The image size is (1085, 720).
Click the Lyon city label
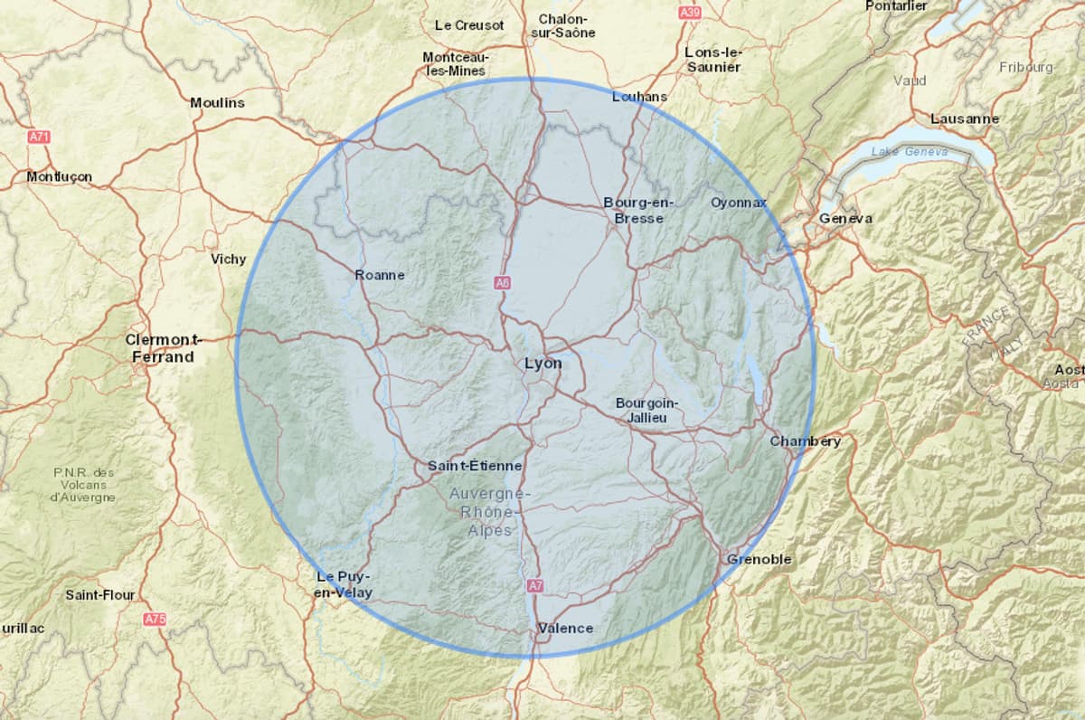pos(542,363)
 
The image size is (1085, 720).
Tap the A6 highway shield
pos(503,283)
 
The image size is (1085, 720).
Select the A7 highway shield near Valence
pos(535,586)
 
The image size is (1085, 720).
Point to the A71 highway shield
pos(39,137)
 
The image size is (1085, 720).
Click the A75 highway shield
pos(155,620)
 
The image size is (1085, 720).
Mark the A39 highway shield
pos(690,13)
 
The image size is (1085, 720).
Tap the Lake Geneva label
pos(910,152)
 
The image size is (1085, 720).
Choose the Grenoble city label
pos(759,559)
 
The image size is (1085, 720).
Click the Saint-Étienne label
pos(475,466)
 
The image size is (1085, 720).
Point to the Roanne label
pos(380,275)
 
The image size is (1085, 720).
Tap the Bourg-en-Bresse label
pos(638,210)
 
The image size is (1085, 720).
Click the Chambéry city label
pos(805,441)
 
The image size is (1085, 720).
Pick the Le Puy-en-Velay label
pos(344,584)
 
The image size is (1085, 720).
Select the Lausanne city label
pos(965,118)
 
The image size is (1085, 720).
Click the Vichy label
pos(228,259)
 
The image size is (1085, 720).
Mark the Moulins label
pos(217,102)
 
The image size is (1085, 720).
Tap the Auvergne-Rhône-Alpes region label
pos(489,512)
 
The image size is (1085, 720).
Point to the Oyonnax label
pos(738,202)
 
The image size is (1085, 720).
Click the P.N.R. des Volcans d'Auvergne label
pos(83,484)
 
